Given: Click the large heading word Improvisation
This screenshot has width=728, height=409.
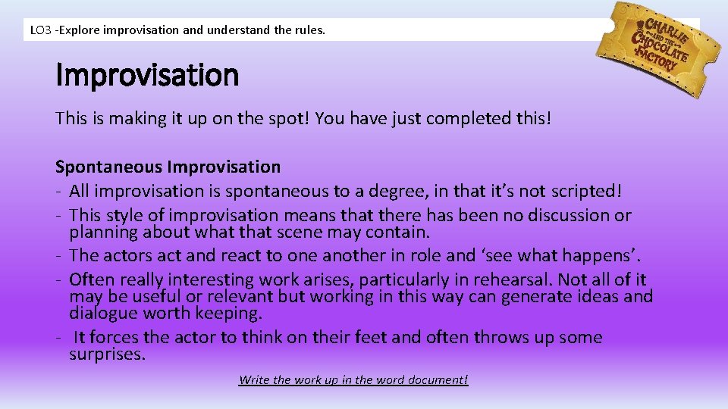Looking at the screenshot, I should point(147,76).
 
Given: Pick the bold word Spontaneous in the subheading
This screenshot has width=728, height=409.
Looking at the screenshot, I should point(108,167).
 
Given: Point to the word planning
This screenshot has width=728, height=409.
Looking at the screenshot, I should point(102,231).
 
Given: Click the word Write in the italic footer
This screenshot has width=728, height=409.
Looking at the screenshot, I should point(254,379).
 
